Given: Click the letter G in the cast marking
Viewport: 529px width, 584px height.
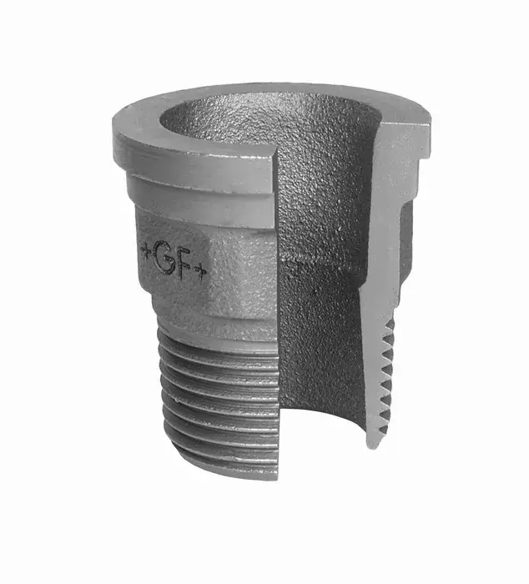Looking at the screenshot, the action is [x=164, y=256].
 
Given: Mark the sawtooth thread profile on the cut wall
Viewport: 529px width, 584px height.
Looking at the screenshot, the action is [x=386, y=376].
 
